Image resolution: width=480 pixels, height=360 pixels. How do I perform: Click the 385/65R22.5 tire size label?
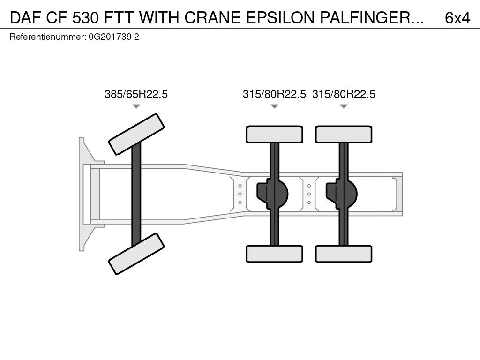pyautogui.click(x=136, y=94)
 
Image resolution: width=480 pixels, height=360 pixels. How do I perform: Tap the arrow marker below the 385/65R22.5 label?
pyautogui.click(x=136, y=106)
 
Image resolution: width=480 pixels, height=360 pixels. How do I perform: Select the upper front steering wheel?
pyautogui.click(x=136, y=135)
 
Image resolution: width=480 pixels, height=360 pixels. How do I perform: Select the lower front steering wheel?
pyautogui.click(x=136, y=254)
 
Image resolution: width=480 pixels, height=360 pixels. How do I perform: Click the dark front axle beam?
pyautogui.click(x=136, y=194)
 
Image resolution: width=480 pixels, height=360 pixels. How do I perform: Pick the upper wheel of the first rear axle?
pyautogui.click(x=275, y=134)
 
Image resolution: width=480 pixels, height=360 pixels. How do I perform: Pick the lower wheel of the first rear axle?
pyautogui.click(x=275, y=254)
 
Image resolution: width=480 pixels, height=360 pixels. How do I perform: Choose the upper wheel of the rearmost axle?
pyautogui.click(x=344, y=134)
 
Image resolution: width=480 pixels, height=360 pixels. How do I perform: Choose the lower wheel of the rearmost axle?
pyautogui.click(x=344, y=254)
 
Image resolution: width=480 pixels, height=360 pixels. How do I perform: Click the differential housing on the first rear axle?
pyautogui.click(x=272, y=194)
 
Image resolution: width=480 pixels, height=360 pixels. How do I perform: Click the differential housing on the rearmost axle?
pyautogui.click(x=342, y=194)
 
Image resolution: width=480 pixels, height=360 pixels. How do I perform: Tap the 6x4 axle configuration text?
pyautogui.click(x=457, y=18)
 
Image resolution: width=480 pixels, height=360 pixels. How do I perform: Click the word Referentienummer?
pyautogui.click(x=48, y=37)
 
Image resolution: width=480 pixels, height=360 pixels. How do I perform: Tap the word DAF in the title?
pyautogui.click(x=26, y=18)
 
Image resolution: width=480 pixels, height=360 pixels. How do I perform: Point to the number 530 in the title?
pyautogui.click(x=86, y=18)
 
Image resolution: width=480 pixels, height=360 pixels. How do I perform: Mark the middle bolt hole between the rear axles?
pyautogui.click(x=309, y=194)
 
